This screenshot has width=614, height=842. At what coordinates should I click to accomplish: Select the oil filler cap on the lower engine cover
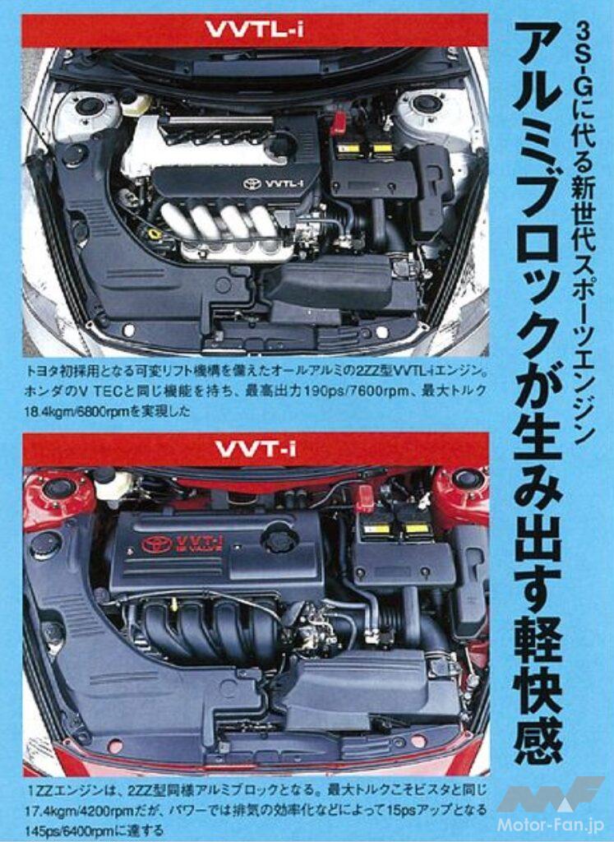click(280, 539)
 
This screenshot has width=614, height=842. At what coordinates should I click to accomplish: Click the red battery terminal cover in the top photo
click(338, 123)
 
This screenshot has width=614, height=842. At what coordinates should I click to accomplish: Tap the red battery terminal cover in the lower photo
click(363, 497)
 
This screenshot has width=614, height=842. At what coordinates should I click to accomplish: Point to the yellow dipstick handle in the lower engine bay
click(174, 604)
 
